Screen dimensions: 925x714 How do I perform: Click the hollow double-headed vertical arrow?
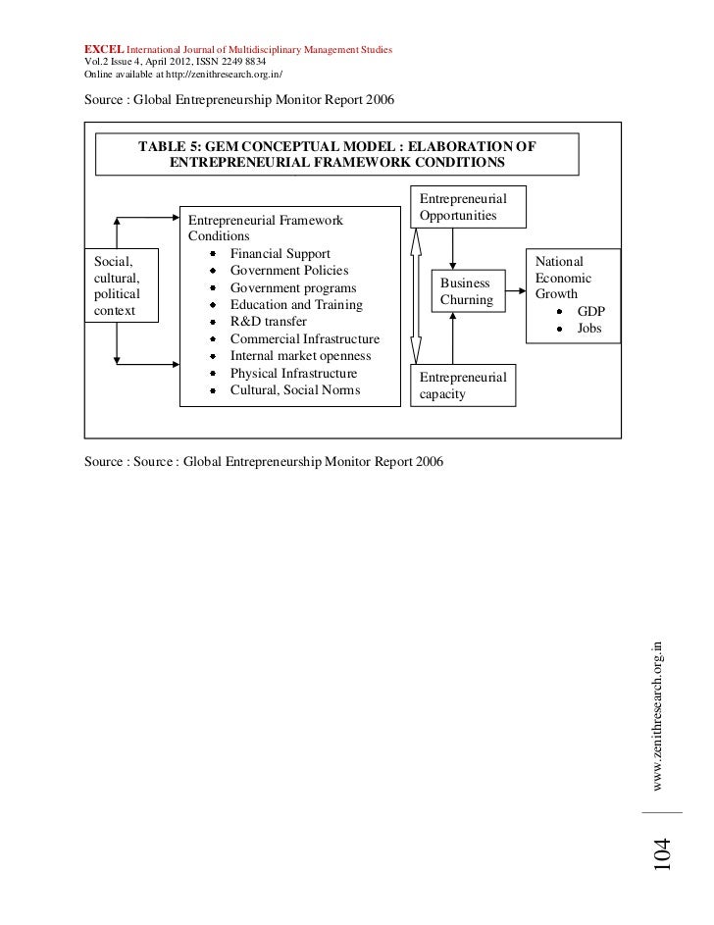coord(416,295)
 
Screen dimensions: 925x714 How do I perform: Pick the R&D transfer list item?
coord(268,321)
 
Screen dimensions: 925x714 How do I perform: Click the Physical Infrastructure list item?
coord(293,374)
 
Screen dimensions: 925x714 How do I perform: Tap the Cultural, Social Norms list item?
coord(294,390)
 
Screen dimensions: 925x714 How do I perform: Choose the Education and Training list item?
coord(296,305)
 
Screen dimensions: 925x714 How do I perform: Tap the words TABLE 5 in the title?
coord(168,145)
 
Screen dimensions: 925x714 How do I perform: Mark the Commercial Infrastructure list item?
coord(304,338)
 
